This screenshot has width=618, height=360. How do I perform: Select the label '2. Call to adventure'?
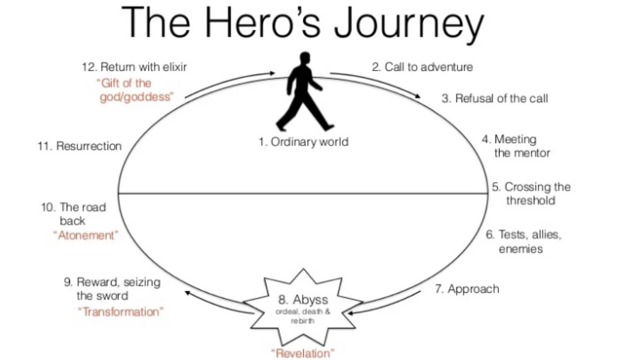[422, 67]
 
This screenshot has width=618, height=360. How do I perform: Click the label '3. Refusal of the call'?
[494, 98]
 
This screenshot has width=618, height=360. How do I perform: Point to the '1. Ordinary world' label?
[303, 142]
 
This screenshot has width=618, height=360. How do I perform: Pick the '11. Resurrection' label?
[79, 146]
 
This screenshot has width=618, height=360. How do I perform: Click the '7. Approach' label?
[467, 289]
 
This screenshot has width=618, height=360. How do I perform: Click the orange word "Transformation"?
[122, 312]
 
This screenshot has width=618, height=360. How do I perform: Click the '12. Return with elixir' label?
[134, 67]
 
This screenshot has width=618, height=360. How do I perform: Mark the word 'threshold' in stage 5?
[530, 201]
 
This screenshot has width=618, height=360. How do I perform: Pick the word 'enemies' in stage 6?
[520, 249]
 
